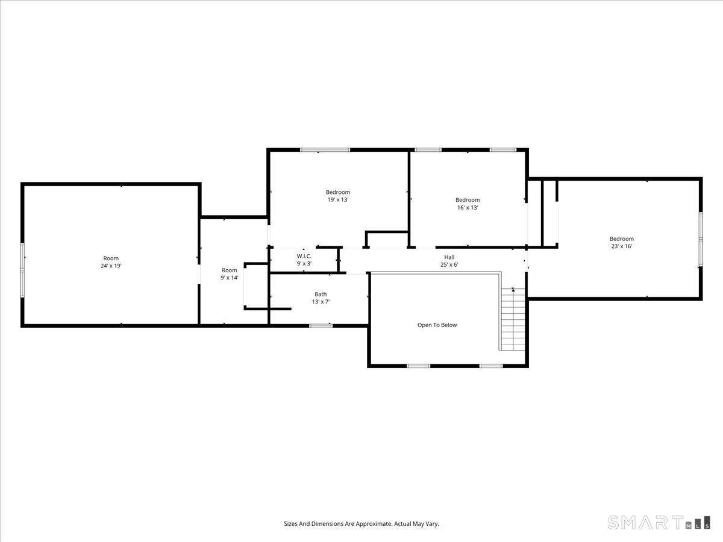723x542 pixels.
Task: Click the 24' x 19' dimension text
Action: coord(111,266)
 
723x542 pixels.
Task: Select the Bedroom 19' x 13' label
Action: coord(338,196)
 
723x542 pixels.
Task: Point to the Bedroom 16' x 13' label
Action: coord(468,204)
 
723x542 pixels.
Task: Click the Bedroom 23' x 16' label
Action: coord(621,242)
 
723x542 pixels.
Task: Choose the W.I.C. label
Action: coord(304,260)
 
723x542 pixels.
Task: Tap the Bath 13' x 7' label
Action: coord(321,298)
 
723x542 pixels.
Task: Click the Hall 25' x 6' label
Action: coord(449,261)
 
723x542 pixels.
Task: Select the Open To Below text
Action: coord(437,325)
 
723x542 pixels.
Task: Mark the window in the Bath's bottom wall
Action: coord(321,326)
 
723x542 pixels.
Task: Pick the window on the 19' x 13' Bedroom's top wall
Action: coord(325,149)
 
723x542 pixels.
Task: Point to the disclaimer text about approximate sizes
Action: coord(361,524)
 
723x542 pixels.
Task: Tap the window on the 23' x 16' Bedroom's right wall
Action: coord(701,239)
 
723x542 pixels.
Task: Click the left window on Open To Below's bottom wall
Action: coord(419,366)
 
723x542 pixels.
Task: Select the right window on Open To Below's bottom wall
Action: coord(491,366)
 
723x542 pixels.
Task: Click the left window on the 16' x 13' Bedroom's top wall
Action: coord(428,149)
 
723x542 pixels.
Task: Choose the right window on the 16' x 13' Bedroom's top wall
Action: coord(502,149)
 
